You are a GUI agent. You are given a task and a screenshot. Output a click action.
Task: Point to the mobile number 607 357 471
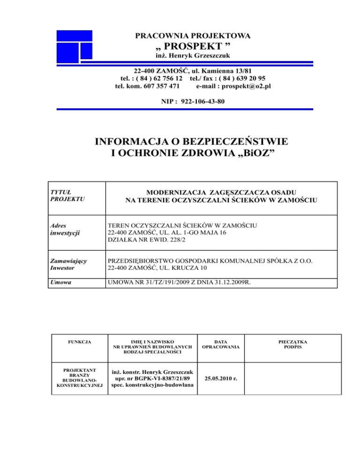pos(160,86)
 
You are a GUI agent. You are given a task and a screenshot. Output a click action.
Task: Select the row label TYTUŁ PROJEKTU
pos(67,195)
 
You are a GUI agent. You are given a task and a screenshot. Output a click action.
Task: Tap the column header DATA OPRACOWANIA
pos(220,344)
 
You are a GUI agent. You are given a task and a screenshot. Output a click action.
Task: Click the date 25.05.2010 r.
pos(220,378)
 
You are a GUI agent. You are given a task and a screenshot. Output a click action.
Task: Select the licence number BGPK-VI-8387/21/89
pos(161,377)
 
